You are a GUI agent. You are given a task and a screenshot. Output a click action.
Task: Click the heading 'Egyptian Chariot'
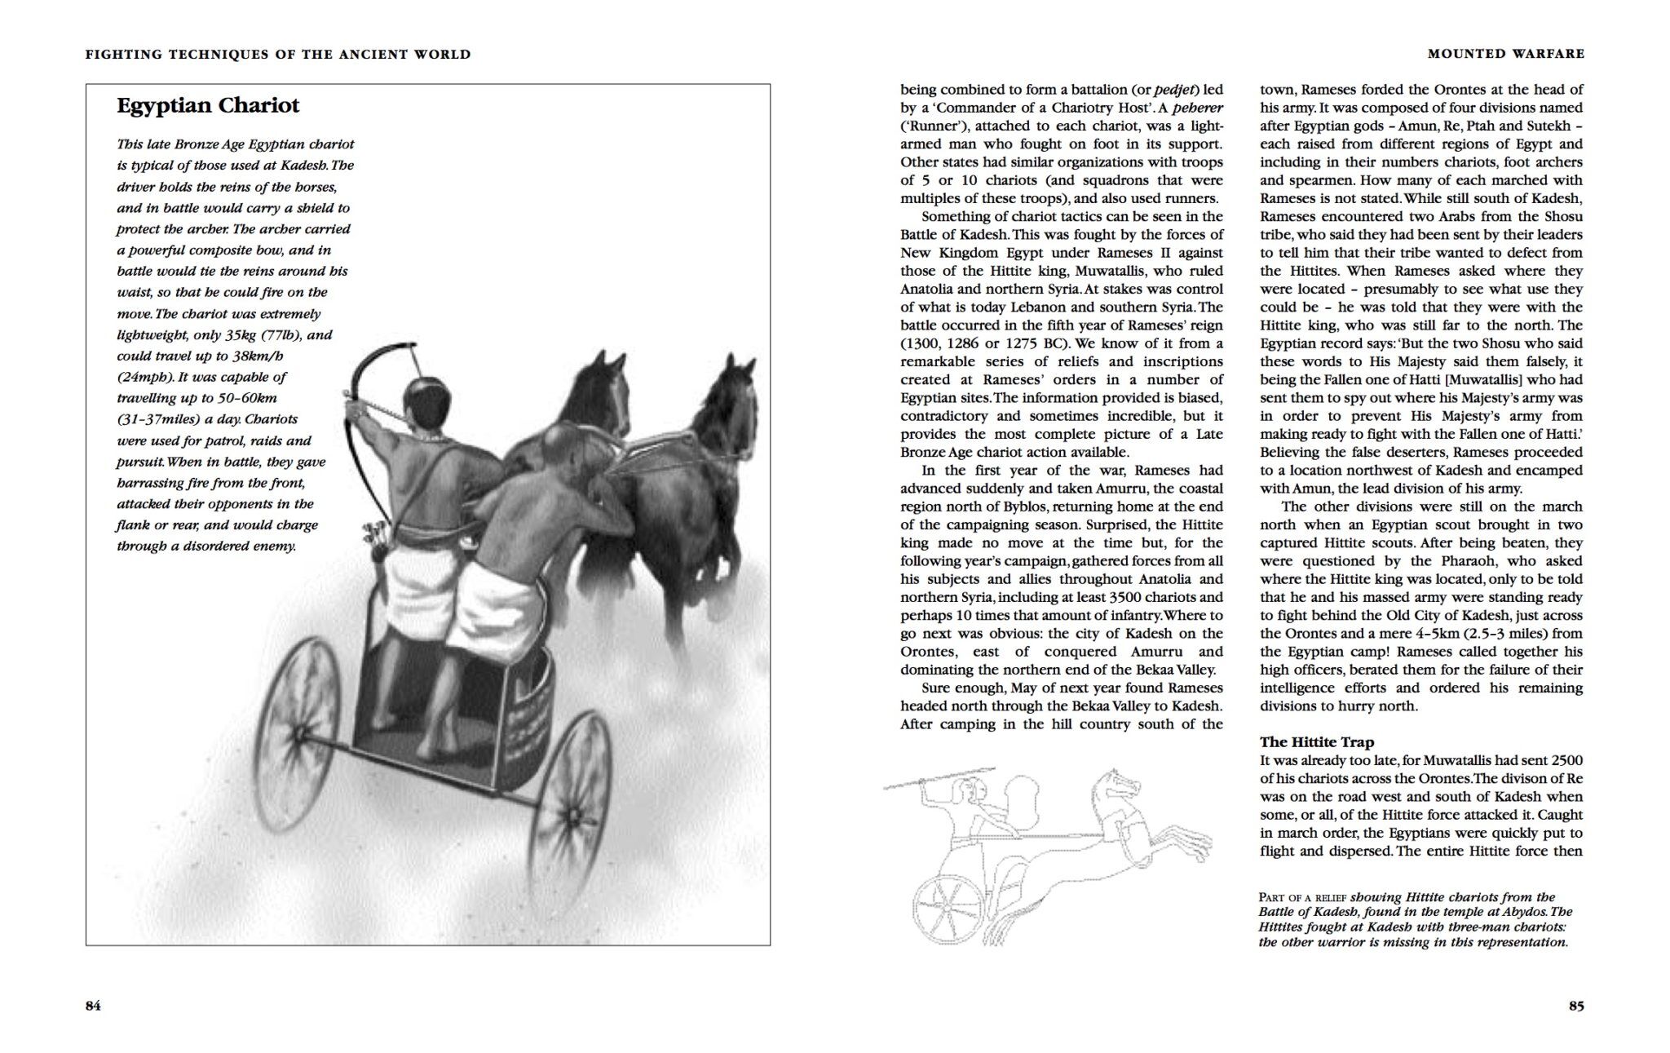(x=208, y=106)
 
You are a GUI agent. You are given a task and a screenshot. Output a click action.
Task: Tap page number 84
(x=93, y=1006)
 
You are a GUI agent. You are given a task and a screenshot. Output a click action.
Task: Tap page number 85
(x=1576, y=1006)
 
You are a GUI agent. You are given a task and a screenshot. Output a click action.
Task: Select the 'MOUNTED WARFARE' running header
(x=1506, y=54)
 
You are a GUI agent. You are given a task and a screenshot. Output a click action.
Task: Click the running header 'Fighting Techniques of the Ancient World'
(x=278, y=55)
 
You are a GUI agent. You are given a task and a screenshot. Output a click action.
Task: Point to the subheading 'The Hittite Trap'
(x=1316, y=742)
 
